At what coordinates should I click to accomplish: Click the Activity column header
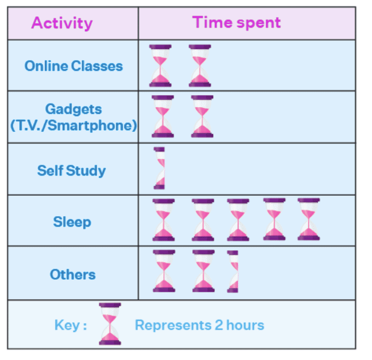tap(62, 23)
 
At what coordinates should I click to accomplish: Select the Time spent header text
tap(236, 23)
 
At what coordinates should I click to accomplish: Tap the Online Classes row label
tap(74, 66)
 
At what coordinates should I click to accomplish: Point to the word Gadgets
tap(74, 110)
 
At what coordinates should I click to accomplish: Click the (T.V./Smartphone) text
tap(74, 125)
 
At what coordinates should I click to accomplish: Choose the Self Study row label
tap(71, 170)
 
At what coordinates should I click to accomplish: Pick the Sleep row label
tap(72, 222)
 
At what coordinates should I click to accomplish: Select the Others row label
tap(73, 274)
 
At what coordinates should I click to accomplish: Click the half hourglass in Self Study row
tap(159, 168)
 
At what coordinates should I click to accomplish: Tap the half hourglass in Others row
tap(232, 271)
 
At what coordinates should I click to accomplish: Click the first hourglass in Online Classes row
tap(160, 66)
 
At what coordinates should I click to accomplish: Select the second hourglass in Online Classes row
tap(200, 66)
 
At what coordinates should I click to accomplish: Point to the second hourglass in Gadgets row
tap(202, 116)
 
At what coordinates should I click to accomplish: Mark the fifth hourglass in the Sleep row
tap(308, 219)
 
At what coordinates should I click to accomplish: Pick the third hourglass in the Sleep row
tap(238, 220)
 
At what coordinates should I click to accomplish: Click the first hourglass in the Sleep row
tap(163, 220)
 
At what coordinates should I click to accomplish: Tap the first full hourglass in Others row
tap(164, 271)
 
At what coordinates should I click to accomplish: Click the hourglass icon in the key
tap(110, 324)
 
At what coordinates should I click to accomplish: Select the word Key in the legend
tap(67, 325)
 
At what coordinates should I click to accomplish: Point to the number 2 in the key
tap(219, 325)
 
